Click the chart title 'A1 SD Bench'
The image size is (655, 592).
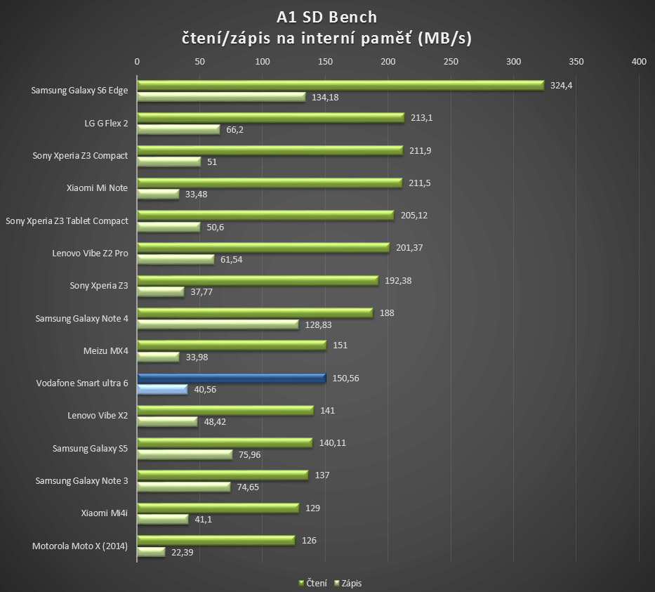point(327,17)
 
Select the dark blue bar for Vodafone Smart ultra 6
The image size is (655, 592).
point(232,378)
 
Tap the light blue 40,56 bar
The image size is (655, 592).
point(162,389)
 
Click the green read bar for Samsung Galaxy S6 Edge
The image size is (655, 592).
point(340,85)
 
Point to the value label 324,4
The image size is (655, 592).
point(562,85)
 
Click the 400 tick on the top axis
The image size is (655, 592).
point(639,62)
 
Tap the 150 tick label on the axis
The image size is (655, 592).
point(325,62)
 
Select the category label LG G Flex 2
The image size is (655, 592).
point(106,123)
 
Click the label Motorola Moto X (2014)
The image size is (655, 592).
point(80,546)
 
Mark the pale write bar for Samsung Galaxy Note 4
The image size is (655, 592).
point(218,324)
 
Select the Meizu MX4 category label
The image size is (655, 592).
point(105,351)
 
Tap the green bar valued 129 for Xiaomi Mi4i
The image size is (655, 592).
point(218,508)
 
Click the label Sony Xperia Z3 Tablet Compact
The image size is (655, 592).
point(67,221)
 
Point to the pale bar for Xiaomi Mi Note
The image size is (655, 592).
point(158,194)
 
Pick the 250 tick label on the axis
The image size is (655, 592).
point(451,62)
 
